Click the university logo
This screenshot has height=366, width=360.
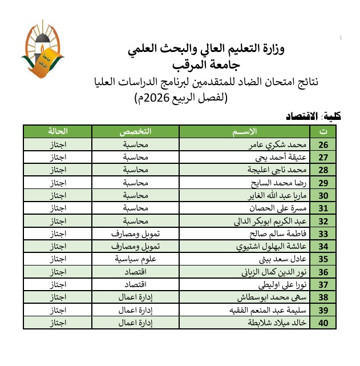point(42,50)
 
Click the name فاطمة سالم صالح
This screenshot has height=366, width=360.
point(282,234)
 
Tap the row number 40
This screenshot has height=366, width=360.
point(323,323)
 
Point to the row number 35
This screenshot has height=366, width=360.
point(323,259)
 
